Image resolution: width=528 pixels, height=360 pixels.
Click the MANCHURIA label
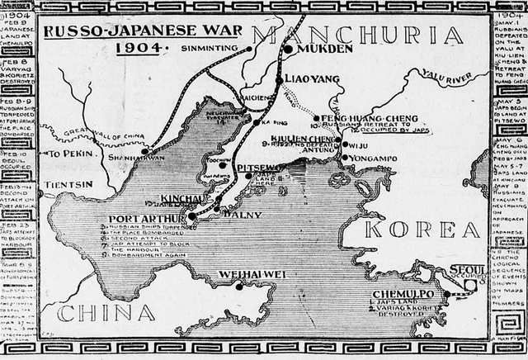(x=357, y=36)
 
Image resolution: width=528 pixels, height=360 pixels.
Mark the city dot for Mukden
(x=288, y=49)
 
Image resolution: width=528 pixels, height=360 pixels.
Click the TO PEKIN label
(x=70, y=154)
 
